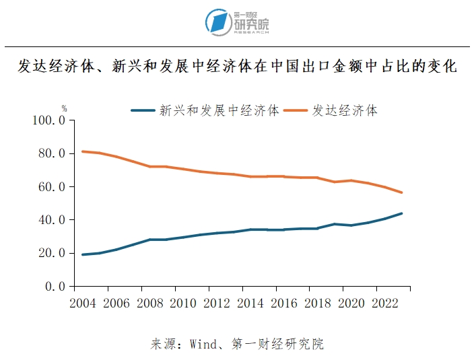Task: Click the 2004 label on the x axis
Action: click(83, 302)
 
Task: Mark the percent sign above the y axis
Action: click(65, 108)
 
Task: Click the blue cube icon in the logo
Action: click(217, 22)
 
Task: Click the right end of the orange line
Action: click(402, 192)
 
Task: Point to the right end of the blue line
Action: click(402, 213)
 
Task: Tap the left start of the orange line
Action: click(82, 151)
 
